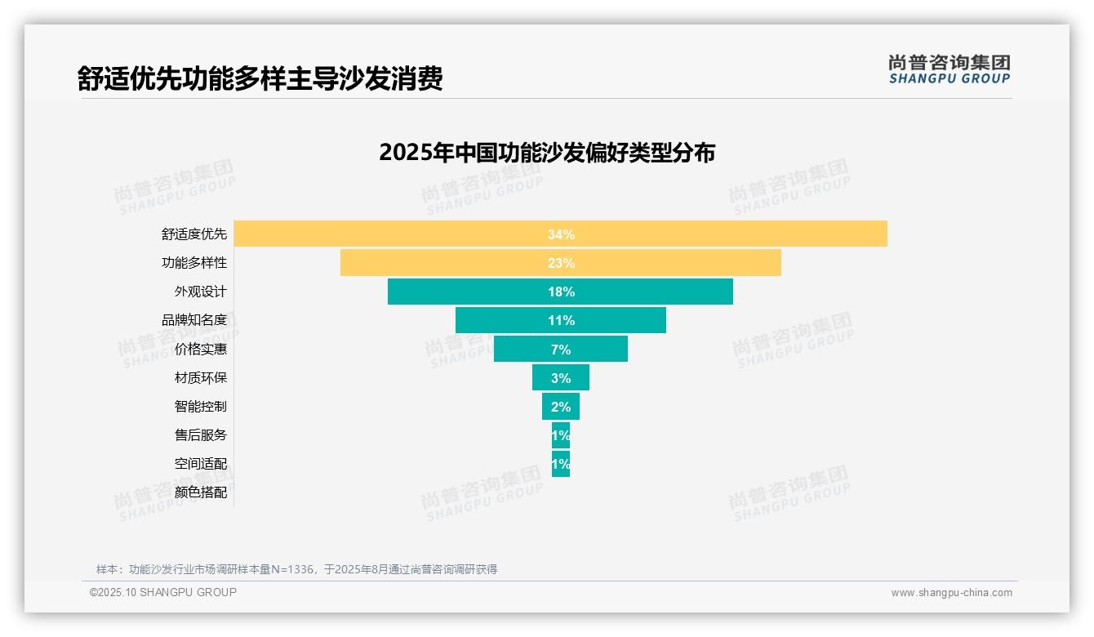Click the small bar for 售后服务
click(x=560, y=434)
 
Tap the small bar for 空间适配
click(x=560, y=463)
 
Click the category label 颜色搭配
click(x=201, y=492)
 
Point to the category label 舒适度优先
click(x=194, y=234)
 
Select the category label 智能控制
click(x=201, y=406)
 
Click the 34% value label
click(x=561, y=234)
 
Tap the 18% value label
click(x=561, y=292)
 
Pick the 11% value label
click(x=561, y=320)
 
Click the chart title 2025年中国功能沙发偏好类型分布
click(x=547, y=153)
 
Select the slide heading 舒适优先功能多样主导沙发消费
click(x=260, y=78)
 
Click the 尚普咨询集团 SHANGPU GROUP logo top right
click(x=949, y=69)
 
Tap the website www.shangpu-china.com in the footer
click(x=951, y=593)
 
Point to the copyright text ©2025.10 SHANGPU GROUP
click(x=163, y=592)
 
